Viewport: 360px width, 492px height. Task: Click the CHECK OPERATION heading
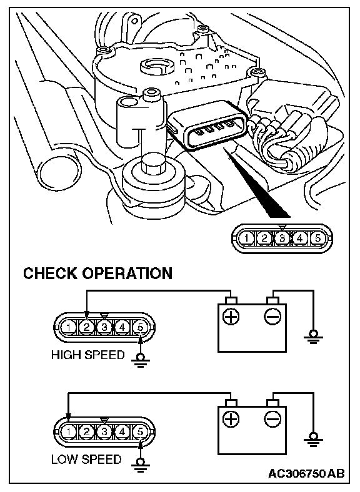tap(97, 273)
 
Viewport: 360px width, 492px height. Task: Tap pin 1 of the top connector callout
tap(247, 239)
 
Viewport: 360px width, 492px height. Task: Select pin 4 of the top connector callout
tap(300, 239)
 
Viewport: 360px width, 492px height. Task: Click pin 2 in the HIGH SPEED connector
tap(86, 327)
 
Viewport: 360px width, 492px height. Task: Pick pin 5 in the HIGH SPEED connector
tap(140, 327)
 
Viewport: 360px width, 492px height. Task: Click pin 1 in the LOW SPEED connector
tap(69, 432)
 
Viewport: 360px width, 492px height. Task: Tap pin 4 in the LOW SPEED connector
tap(122, 432)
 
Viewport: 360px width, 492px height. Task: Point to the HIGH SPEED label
tap(88, 355)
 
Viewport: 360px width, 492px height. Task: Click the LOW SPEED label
tap(86, 460)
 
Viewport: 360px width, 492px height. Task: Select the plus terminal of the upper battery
tap(231, 317)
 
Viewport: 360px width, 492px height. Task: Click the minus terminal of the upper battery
tap(272, 317)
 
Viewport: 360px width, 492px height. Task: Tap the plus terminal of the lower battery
tap(231, 419)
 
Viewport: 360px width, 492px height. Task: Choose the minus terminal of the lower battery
tap(272, 419)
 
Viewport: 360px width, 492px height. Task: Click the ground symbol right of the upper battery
tap(313, 337)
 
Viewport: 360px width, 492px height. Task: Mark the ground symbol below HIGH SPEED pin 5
tap(140, 360)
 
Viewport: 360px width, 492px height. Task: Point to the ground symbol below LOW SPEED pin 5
tap(140, 464)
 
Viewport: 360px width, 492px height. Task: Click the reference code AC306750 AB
tap(306, 473)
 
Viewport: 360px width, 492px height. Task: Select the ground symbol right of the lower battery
tap(313, 440)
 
